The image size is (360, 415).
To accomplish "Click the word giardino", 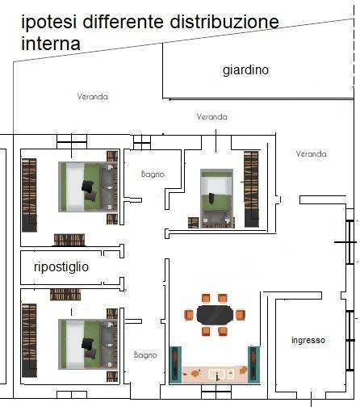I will point(245,70).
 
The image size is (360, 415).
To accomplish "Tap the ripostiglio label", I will point(61,266).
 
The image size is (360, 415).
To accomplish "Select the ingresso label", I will point(308,341).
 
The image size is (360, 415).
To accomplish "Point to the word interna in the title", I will point(51,44).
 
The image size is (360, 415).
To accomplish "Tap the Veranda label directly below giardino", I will point(211,117).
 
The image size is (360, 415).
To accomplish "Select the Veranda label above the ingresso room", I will point(311,153).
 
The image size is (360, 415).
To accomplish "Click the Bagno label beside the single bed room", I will point(153,174).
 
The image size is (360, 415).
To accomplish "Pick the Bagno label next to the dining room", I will point(145,354).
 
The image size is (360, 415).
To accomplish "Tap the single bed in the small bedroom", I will point(216,196).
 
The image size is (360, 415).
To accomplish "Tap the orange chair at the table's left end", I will point(190,314).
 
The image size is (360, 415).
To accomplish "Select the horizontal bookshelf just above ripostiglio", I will point(70,240).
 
